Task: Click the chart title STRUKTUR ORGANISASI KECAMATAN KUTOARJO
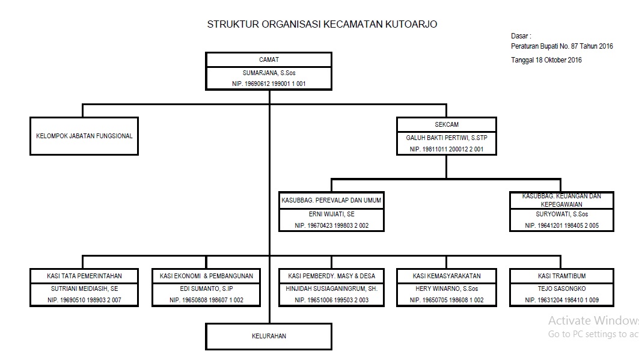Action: [x=322, y=25]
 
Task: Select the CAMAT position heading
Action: [x=269, y=60]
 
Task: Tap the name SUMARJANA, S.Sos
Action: [x=269, y=73]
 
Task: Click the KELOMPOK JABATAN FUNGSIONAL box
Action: [x=84, y=136]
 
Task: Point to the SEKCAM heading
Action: [x=447, y=124]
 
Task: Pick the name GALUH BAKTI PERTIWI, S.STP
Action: [x=447, y=138]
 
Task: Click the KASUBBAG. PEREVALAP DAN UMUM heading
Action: [x=331, y=200]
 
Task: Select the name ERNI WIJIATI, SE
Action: [x=331, y=214]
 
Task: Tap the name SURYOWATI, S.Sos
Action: [x=561, y=214]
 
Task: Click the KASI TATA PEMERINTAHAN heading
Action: [x=84, y=276]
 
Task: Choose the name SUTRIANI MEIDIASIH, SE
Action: [x=84, y=288]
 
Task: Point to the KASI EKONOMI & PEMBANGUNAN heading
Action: [x=206, y=276]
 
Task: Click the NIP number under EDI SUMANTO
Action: [x=206, y=300]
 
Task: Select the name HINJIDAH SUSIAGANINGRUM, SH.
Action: [x=331, y=288]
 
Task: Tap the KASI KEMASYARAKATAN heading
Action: [x=447, y=276]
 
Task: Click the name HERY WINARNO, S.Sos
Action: [x=447, y=288]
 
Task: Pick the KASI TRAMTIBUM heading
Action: [x=561, y=276]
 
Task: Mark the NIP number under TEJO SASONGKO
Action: [x=561, y=300]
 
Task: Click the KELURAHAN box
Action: [x=269, y=337]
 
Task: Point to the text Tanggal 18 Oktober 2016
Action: [x=546, y=60]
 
